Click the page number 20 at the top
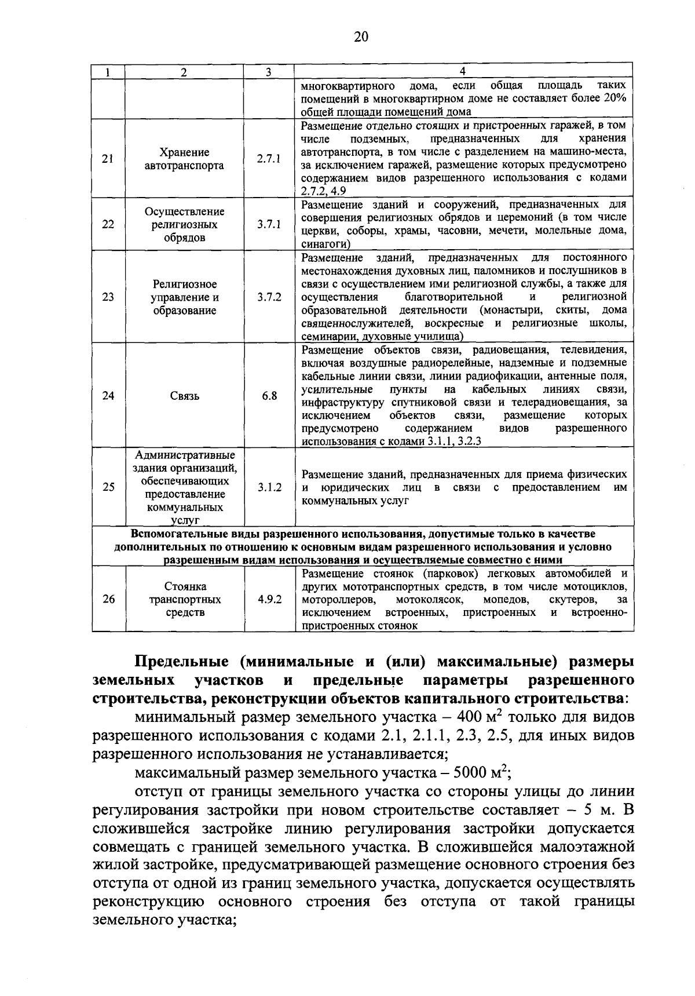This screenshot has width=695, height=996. [x=360, y=37]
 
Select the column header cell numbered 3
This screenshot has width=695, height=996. [x=268, y=72]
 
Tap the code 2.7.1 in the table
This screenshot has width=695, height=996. [x=269, y=159]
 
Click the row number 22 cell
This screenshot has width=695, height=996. [x=108, y=225]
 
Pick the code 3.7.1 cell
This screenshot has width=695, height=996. [x=269, y=225]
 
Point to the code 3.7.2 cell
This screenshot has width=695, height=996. [x=269, y=297]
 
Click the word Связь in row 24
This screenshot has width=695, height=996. [x=184, y=396]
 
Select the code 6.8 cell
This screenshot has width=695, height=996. [x=269, y=396]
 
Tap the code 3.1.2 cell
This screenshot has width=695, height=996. [x=269, y=487]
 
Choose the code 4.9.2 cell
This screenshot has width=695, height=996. [x=269, y=600]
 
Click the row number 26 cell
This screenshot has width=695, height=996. [x=108, y=600]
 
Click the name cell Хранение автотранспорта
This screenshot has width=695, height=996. [x=184, y=159]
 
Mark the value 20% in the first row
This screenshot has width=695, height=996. [x=614, y=98]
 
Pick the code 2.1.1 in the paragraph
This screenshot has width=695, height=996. [x=430, y=736]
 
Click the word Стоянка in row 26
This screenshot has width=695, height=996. [x=184, y=586]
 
